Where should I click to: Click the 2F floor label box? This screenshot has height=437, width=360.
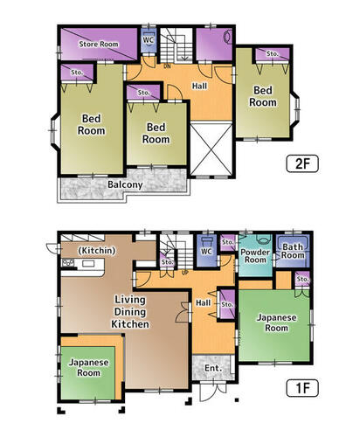coord(302,163)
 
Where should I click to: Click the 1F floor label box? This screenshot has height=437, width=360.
coord(302,388)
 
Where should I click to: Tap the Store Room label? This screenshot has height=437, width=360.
coord(99,44)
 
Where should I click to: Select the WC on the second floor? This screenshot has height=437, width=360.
coord(149,39)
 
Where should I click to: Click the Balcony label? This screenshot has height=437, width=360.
coord(125,184)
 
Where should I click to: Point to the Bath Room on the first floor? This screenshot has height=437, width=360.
coord(293,251)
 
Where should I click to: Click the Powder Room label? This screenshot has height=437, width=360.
coord(255,256)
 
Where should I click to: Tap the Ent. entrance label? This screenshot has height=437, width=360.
coord(213,368)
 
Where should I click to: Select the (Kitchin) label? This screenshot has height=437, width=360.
coord(97,250)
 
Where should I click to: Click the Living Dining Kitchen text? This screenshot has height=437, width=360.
coord(130,312)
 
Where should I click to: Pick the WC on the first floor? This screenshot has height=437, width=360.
coord(206,251)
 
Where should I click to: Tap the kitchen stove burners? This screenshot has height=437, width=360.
coord(67,262)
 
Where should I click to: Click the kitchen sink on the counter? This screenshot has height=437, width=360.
coord(88,264)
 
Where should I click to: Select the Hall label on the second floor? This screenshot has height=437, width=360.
coord(199,86)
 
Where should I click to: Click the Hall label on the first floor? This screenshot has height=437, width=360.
coord(203,303)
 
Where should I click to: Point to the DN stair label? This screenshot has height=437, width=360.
coord(167,66)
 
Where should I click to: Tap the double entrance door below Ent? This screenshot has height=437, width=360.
coord(213,390)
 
